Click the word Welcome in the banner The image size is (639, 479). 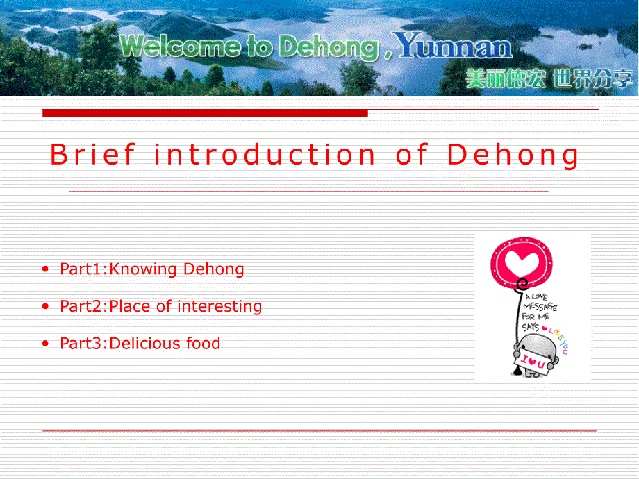click(x=181, y=46)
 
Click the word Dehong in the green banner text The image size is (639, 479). click(x=329, y=47)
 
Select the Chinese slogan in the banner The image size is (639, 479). click(x=549, y=78)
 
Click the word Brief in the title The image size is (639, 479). click(x=92, y=154)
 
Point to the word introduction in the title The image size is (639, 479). click(x=264, y=154)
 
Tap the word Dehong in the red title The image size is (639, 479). click(x=513, y=156)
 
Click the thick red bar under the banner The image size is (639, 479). click(x=205, y=113)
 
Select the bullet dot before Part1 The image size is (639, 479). click(x=45, y=269)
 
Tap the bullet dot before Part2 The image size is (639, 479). click(x=45, y=306)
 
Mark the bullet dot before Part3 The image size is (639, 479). click(x=45, y=344)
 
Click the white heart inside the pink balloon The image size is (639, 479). click(x=522, y=262)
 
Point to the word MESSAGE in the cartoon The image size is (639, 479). click(x=540, y=306)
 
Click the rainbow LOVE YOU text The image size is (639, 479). click(x=558, y=339)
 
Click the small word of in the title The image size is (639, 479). click(x=412, y=154)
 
